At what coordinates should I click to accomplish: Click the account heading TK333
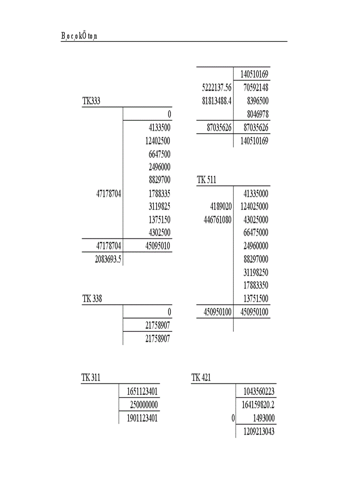91,101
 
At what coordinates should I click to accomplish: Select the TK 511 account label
206,179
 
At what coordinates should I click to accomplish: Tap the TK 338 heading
92,299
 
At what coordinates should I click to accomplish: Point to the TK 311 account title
91,378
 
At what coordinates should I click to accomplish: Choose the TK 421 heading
201,378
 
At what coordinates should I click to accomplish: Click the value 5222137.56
217,88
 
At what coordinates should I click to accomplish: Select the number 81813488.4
217,101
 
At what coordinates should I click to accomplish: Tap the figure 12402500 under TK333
157,141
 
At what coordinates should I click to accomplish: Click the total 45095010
157,246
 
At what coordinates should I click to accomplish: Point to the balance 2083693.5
108,259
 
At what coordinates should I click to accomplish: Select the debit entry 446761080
217,220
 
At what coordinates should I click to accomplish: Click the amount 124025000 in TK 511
254,206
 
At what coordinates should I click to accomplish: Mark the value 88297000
255,259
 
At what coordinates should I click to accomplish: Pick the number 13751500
255,298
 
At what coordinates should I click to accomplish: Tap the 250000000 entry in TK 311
144,405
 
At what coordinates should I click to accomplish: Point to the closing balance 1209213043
258,432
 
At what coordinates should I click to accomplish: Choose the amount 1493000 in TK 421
264,418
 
